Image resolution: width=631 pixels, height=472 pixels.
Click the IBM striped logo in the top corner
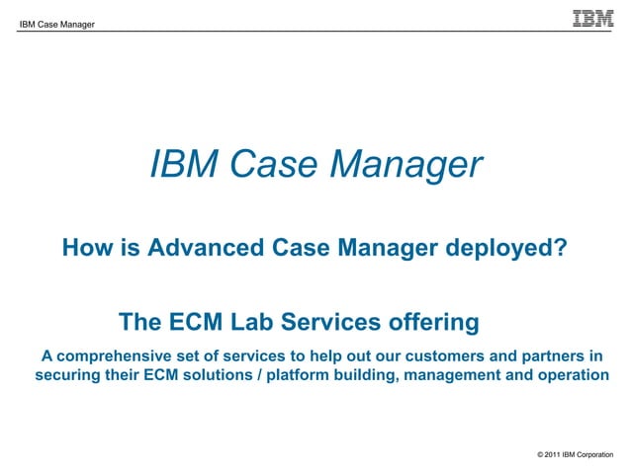pyautogui.click(x=593, y=18)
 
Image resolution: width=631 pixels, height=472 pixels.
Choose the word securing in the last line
pyautogui.click(x=67, y=375)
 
